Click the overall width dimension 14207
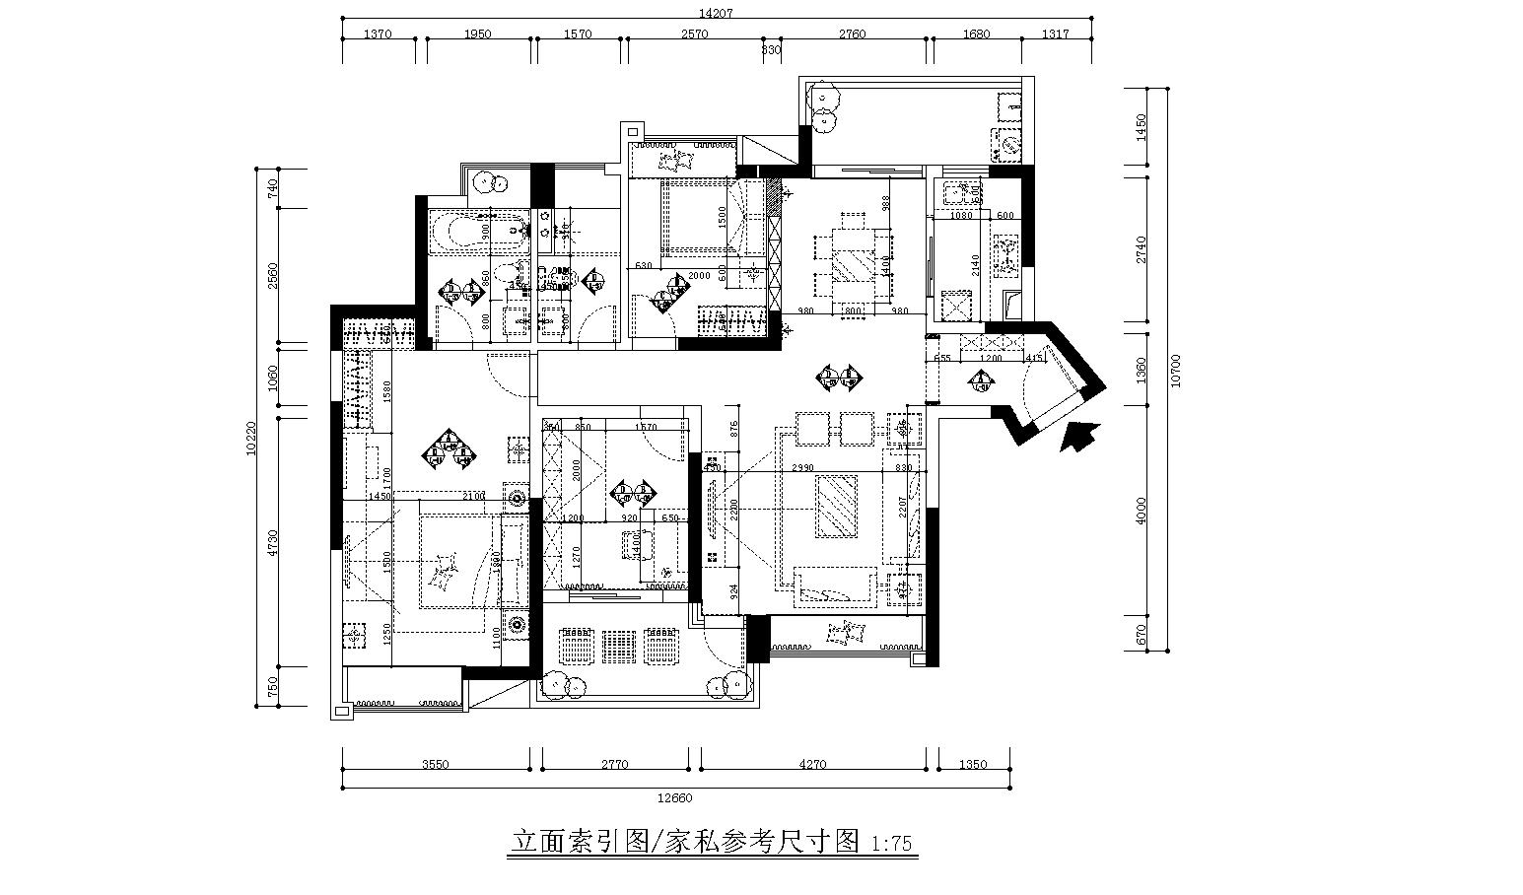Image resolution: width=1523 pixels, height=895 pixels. pos(717,13)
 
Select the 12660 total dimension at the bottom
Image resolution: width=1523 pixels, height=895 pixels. pos(676,797)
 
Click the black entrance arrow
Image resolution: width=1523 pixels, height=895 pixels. pos(1080,434)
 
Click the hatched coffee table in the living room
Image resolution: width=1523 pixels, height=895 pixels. pos(837,505)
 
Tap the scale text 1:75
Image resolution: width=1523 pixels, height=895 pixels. pos(893,844)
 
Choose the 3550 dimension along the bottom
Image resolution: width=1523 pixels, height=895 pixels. pos(435,764)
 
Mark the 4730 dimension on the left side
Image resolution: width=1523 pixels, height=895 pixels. pos(273,543)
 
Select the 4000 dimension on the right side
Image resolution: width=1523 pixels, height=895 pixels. pos(1142,510)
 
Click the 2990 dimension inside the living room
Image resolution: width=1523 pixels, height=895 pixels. pos(801,469)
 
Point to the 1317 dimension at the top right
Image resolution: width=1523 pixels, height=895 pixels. pos(1055,34)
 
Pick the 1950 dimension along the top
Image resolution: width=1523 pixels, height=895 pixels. pos(477,34)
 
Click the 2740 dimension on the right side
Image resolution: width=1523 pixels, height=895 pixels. pos(1142,250)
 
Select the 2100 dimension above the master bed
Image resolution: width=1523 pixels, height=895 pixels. pos(473,497)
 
